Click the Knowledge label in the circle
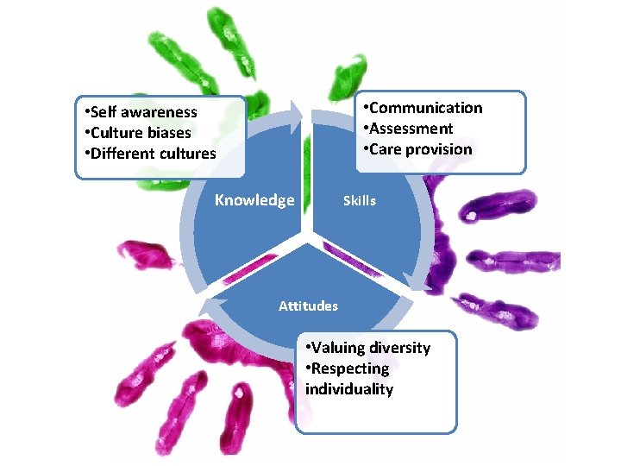[x=254, y=200]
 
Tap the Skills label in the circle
[x=360, y=200]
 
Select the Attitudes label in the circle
[x=308, y=305]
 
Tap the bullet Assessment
[x=409, y=129]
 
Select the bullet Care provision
[x=418, y=149]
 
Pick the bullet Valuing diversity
[x=369, y=348]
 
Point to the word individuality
[x=349, y=389]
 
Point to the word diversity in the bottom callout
[x=399, y=348]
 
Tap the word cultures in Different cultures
[x=188, y=154]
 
